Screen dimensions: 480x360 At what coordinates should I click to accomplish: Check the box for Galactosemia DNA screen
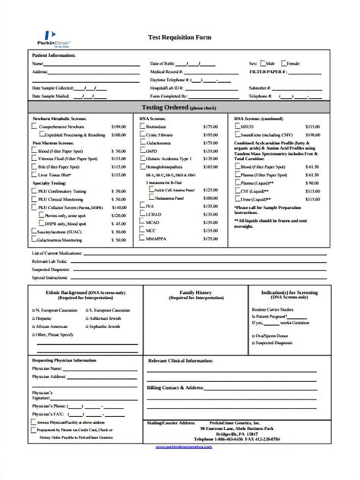coord(141,141)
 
